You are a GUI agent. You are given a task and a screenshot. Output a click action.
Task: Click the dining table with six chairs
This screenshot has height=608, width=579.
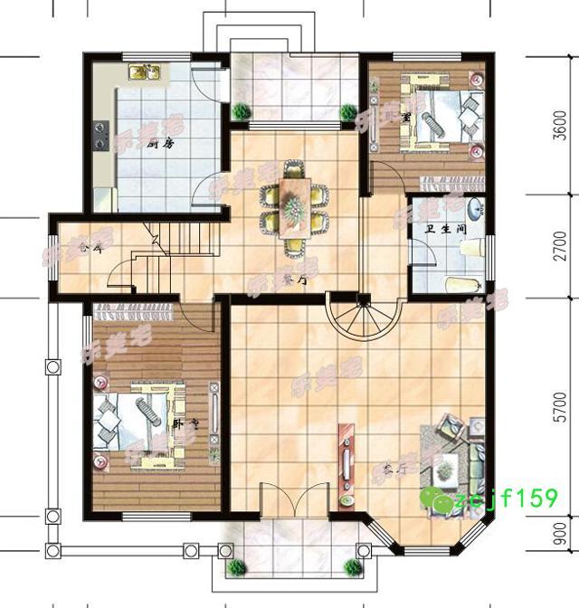pyautogui.click(x=292, y=203)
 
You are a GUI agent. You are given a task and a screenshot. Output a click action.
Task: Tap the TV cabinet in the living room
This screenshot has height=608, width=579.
pyautogui.click(x=345, y=462)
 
